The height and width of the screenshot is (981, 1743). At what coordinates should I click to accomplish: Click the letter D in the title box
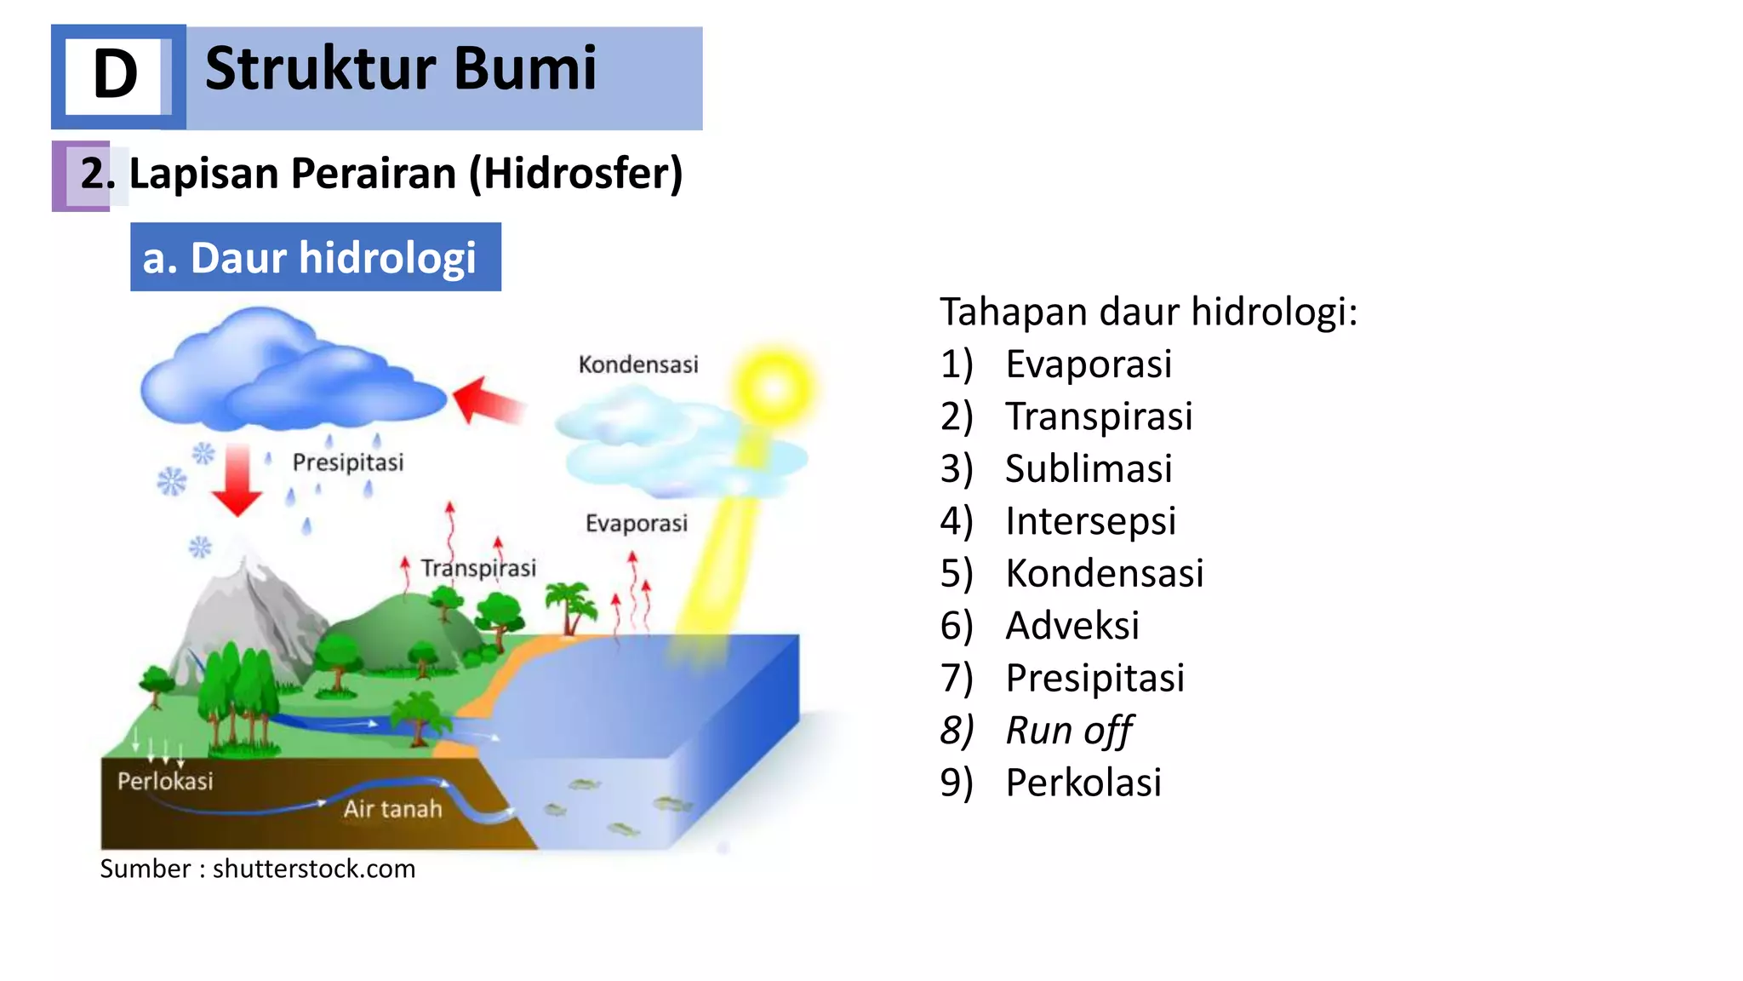[116, 75]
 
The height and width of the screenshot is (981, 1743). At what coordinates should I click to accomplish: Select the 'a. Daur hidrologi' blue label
[315, 257]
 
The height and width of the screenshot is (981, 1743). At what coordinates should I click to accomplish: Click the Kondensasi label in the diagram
[638, 364]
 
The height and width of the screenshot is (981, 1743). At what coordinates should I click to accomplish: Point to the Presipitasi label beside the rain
[348, 462]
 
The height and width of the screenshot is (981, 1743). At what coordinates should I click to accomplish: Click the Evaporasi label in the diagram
[636, 523]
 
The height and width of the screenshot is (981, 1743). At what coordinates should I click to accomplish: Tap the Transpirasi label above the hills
[478, 568]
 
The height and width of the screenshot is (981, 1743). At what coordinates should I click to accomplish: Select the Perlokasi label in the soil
[165, 781]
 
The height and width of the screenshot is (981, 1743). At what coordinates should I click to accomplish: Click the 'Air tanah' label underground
[392, 808]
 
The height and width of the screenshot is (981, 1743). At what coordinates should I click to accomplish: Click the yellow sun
[773, 387]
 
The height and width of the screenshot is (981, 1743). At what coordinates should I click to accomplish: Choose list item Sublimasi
[1089, 468]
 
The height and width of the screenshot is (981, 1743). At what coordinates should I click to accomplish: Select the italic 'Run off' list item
[1068, 730]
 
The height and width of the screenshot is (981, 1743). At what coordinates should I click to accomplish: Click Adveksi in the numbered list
[1072, 625]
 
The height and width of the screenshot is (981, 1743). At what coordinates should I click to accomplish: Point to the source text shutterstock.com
[314, 869]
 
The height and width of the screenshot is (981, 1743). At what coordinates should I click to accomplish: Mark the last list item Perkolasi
[1083, 782]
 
